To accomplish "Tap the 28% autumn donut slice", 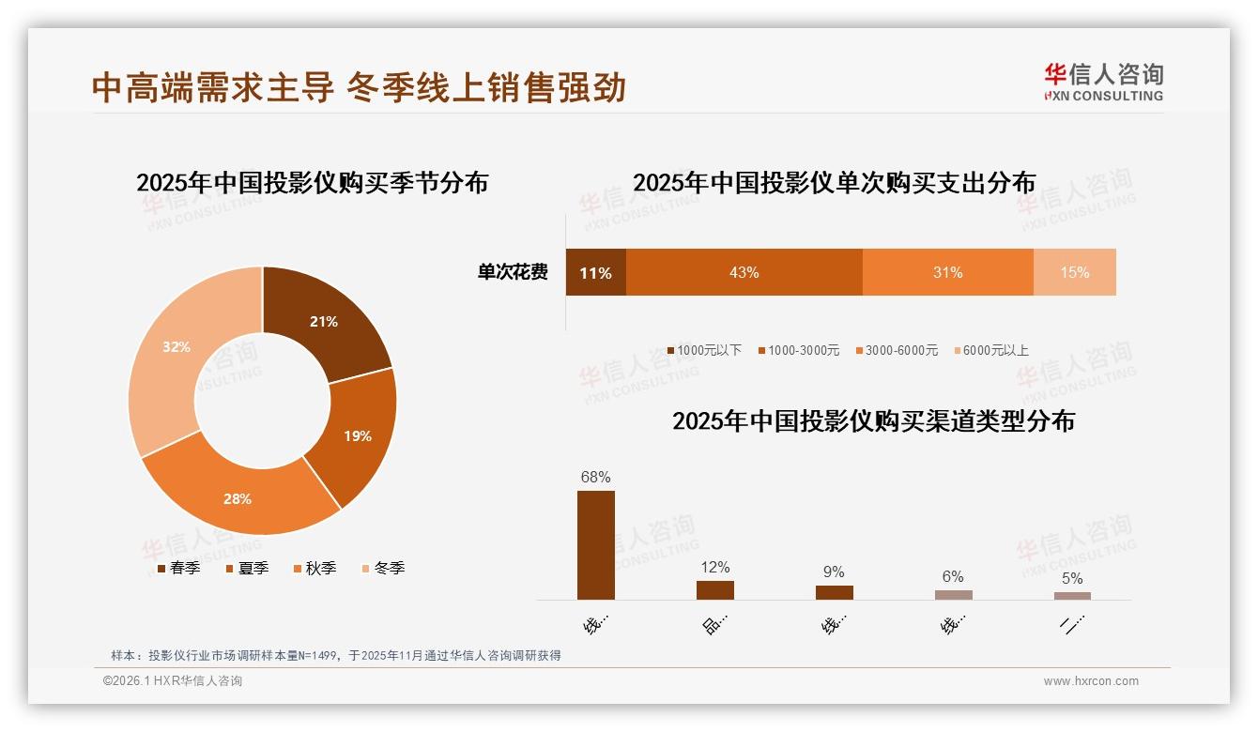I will (x=239, y=497).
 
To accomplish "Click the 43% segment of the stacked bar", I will (x=744, y=272).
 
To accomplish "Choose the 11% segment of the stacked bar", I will (x=595, y=272).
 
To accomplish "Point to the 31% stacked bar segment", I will (x=947, y=272).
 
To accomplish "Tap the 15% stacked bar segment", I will (x=1074, y=272).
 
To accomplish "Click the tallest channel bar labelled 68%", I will (x=595, y=545).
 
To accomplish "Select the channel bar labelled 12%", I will (x=714, y=590).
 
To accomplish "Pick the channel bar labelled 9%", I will (x=834, y=592).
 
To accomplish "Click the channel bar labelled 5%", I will (x=1072, y=596).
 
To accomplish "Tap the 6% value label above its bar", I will (x=953, y=576).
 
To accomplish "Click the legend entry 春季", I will (x=178, y=568).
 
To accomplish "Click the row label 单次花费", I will (x=513, y=272).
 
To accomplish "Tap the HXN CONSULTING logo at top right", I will (x=1103, y=82).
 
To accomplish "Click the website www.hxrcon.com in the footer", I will (x=1090, y=681).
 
